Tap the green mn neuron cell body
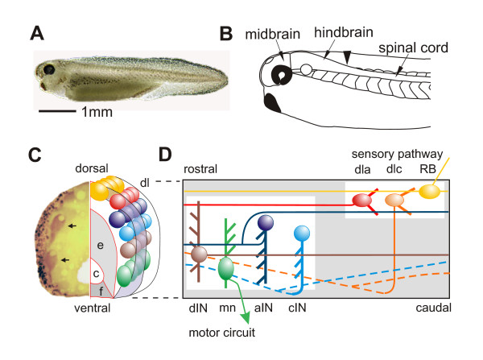click(227, 267)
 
